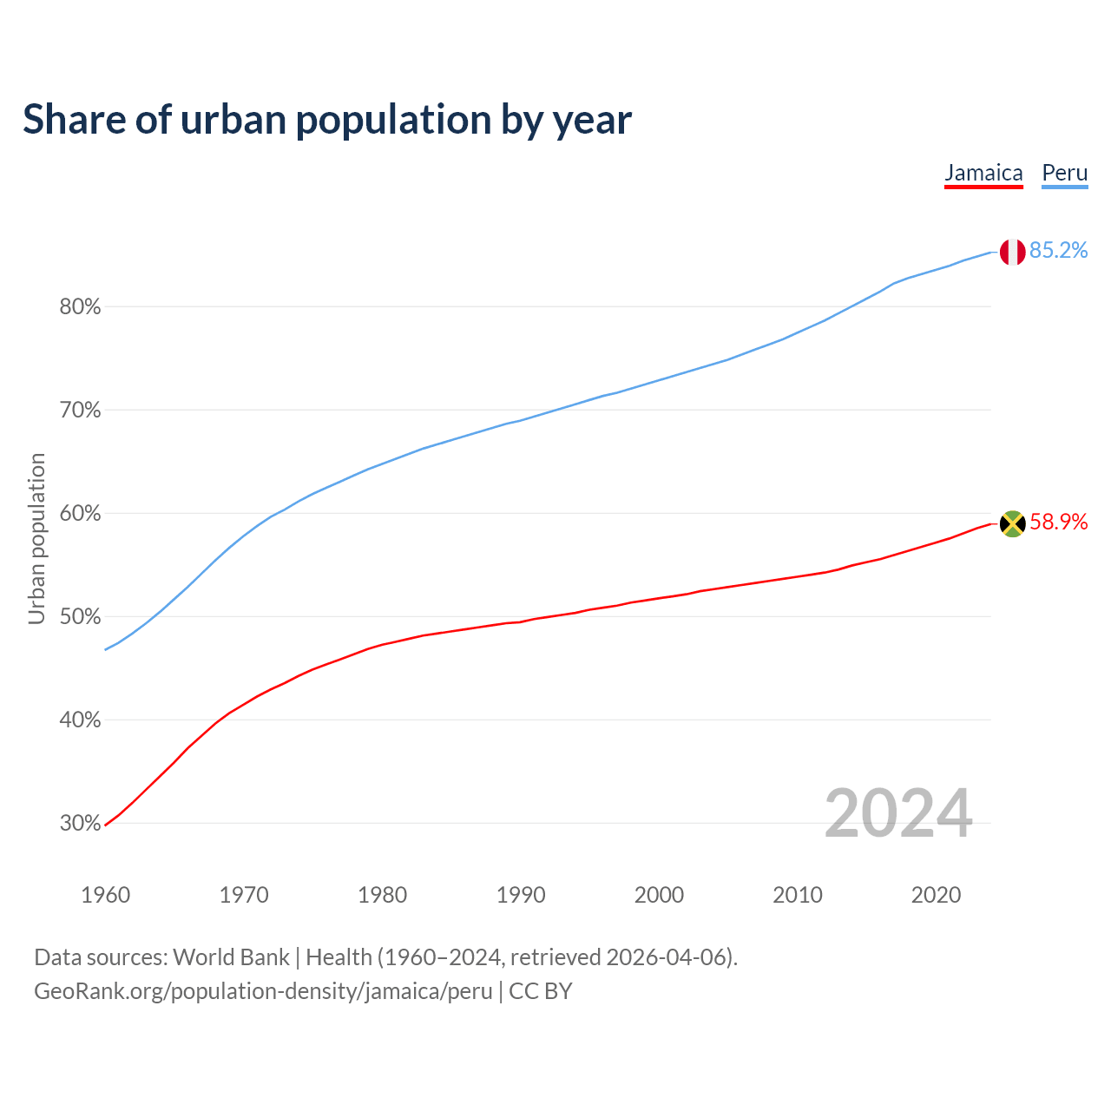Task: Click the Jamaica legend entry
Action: point(983,173)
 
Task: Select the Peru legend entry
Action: point(1064,173)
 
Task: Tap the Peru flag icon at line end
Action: point(1012,252)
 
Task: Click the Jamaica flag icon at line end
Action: point(1012,523)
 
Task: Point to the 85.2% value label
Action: point(1058,251)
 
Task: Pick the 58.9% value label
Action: point(1058,522)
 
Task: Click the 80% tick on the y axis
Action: point(81,307)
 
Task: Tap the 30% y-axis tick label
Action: point(81,824)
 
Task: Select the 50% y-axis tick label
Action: point(81,617)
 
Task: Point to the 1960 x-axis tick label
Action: point(105,895)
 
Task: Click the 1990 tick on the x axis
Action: point(521,895)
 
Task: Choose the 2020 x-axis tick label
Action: point(936,895)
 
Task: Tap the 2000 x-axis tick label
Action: point(659,895)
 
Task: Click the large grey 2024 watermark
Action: point(898,813)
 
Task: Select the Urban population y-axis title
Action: point(36,538)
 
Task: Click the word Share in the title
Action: point(74,120)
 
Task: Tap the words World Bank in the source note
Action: point(231,957)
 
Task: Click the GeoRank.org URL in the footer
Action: point(263,991)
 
